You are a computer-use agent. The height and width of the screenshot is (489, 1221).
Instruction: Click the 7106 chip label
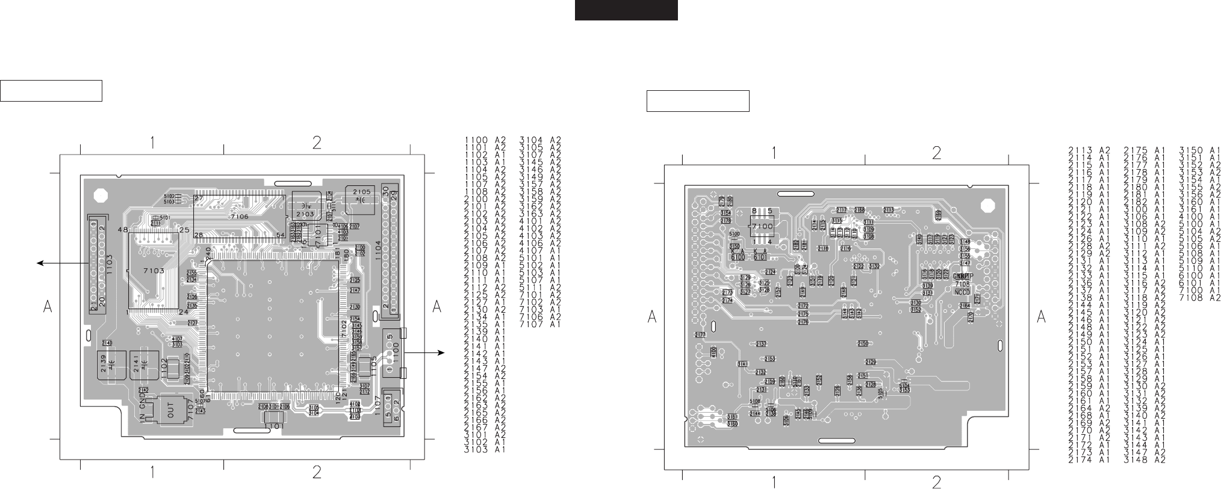[240, 215]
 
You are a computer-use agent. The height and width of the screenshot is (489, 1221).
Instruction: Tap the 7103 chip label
[154, 271]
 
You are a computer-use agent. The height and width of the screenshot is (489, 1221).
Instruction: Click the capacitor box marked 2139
[111, 364]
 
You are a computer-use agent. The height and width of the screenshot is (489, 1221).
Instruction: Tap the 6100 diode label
[738, 257]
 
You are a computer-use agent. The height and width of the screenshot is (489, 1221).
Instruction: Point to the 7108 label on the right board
[962, 283]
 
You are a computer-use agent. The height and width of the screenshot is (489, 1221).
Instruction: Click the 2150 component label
[862, 343]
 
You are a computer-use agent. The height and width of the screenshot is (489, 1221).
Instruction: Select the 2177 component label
[700, 335]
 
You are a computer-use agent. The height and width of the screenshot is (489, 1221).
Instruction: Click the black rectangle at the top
[626, 10]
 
